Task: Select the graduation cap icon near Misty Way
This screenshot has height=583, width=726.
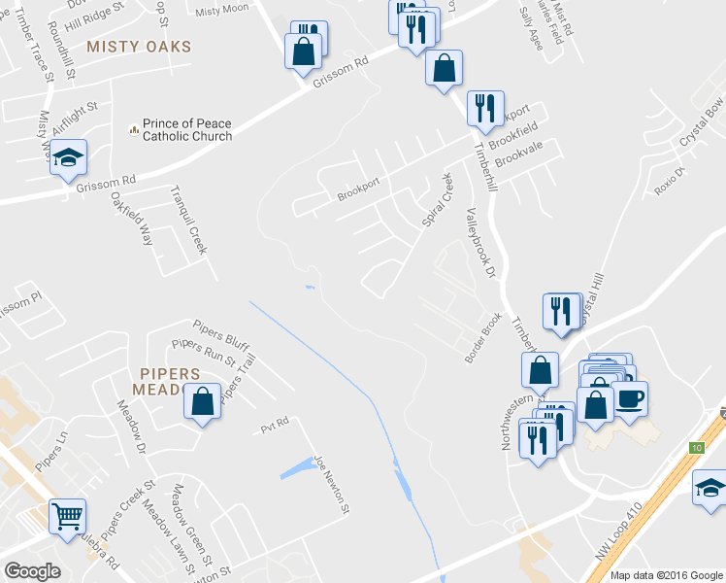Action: point(68,158)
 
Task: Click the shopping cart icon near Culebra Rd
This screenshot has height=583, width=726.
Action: point(67,517)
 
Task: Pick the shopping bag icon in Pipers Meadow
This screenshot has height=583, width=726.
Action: point(201,403)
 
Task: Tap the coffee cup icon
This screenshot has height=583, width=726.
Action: point(629,398)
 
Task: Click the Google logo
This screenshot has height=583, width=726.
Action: point(32,571)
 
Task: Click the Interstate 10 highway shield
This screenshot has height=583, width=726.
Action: point(696,448)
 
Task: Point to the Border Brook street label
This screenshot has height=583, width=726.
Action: point(482,337)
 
